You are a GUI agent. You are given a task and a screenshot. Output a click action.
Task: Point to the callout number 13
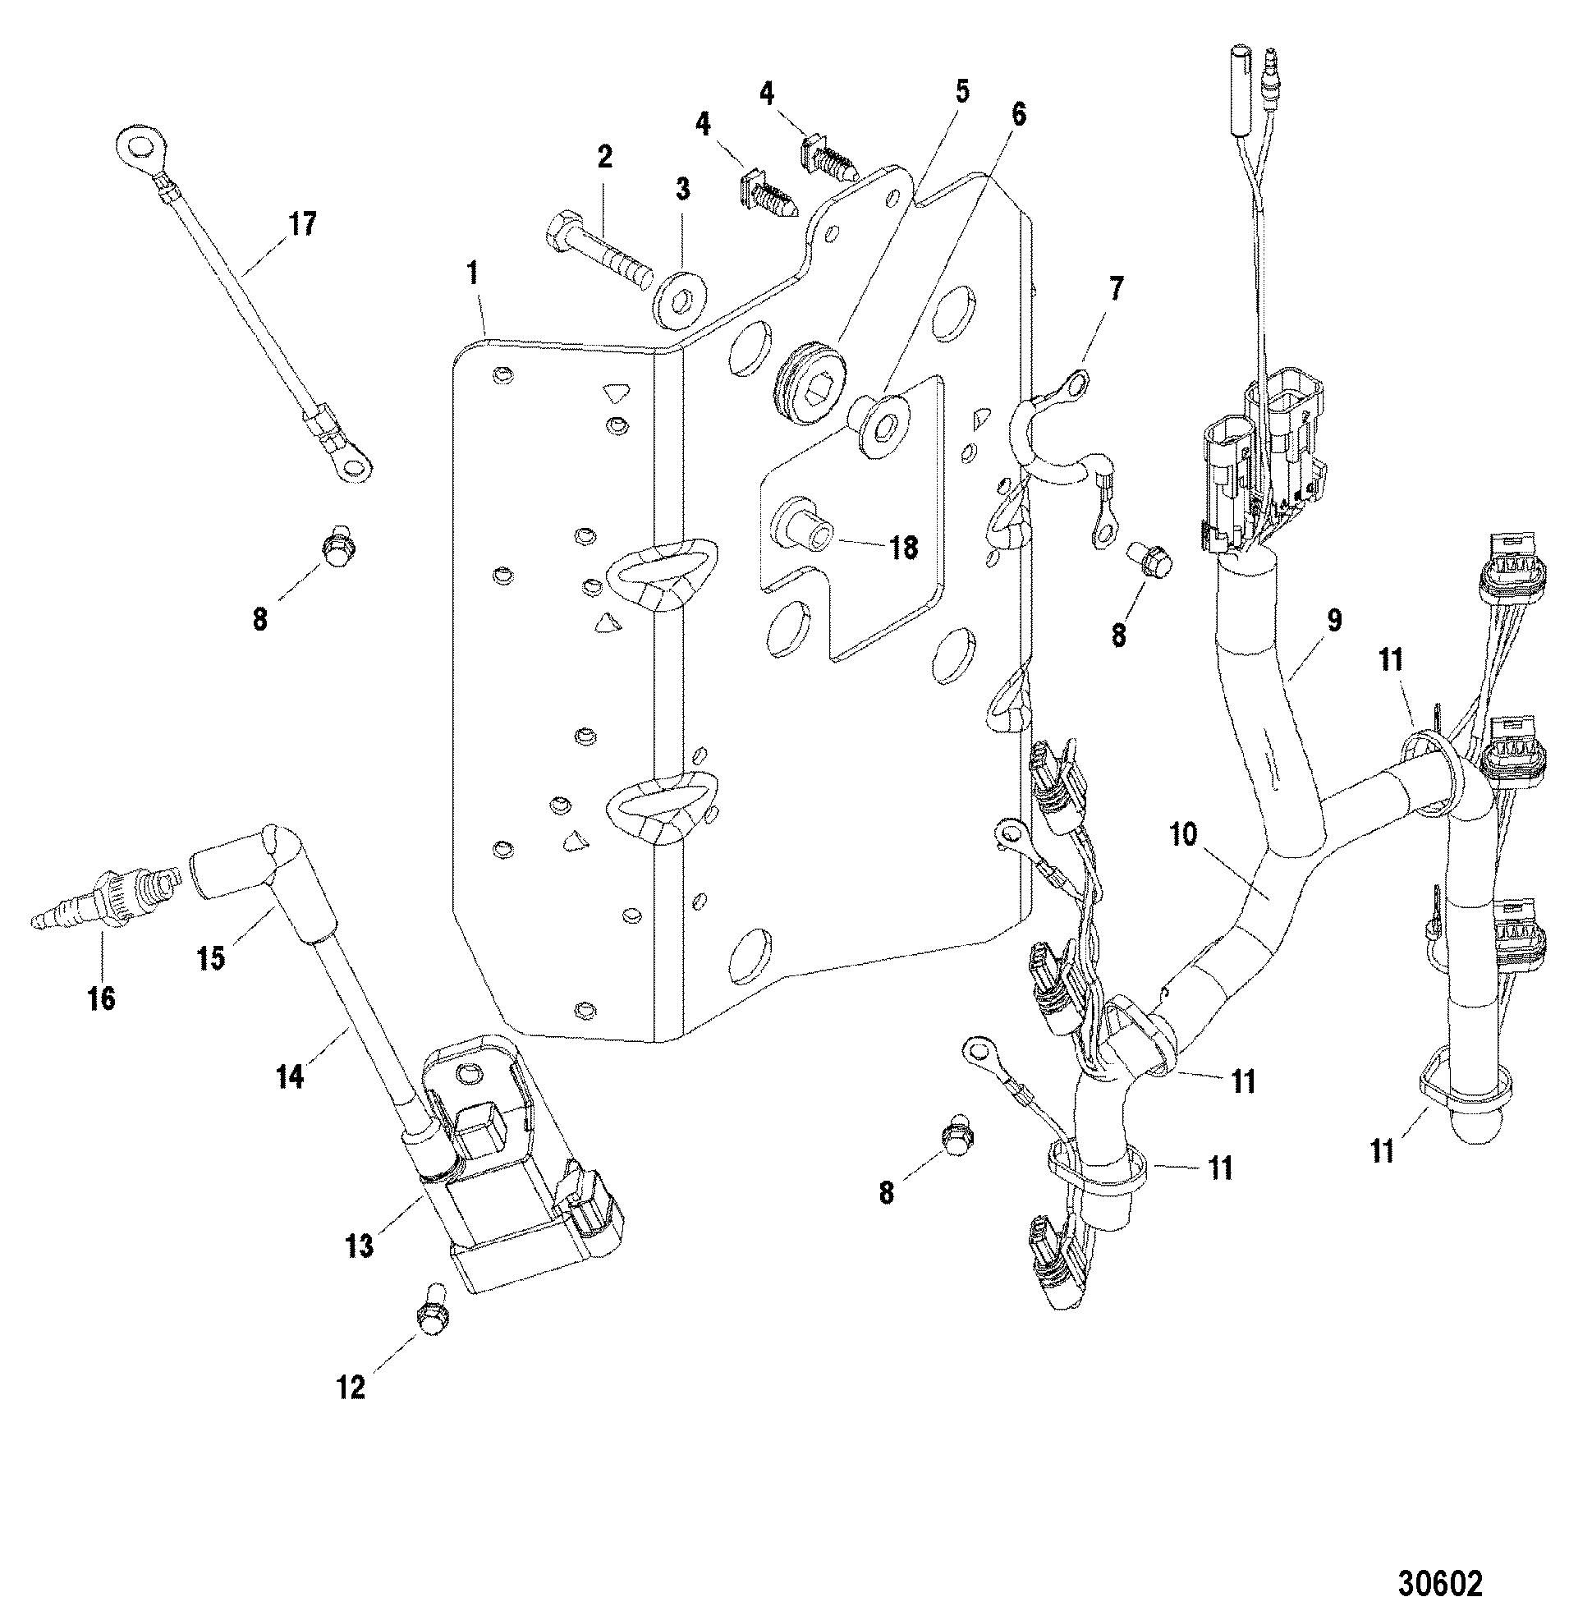tap(359, 1246)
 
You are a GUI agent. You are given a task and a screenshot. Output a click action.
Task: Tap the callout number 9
tap(1334, 619)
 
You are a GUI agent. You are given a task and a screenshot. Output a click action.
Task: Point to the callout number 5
tap(961, 90)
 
